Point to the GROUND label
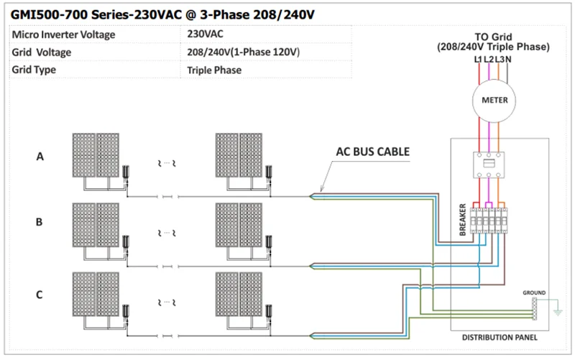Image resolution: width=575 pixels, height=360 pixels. coord(535,292)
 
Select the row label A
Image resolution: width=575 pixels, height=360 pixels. coord(40,157)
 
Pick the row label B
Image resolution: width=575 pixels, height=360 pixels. coord(40,223)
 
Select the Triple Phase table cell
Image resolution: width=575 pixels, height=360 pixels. coord(214,70)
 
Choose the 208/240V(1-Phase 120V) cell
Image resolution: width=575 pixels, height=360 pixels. coord(242,52)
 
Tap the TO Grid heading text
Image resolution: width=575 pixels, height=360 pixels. coord(492,37)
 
